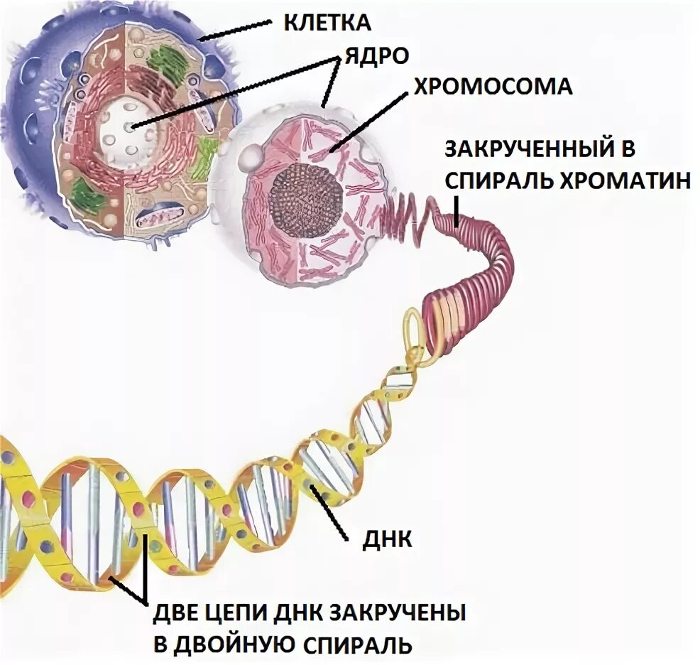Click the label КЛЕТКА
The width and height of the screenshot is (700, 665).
point(327,22)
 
